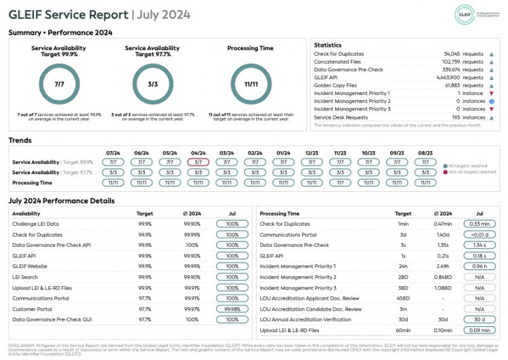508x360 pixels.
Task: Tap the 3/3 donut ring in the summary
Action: [x=152, y=84]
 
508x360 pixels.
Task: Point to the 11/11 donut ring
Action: [x=251, y=84]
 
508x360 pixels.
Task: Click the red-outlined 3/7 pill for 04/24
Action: [x=198, y=162]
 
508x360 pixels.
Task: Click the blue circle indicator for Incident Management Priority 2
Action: [x=492, y=101]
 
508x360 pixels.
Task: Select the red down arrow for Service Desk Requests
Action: [x=492, y=117]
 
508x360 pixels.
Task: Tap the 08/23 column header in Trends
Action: [x=425, y=153]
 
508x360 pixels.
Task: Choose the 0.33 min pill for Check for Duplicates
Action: [x=479, y=224]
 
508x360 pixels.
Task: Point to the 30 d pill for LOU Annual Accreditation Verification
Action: [x=479, y=320]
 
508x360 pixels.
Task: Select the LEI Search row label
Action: [x=25, y=277]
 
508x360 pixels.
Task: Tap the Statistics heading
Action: [x=328, y=44]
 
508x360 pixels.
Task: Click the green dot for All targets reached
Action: [x=445, y=165]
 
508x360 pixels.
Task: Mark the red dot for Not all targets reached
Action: [x=445, y=172]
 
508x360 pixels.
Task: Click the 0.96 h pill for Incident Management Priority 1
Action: [x=479, y=266]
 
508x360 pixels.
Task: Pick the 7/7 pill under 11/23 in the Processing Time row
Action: [x=340, y=182]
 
